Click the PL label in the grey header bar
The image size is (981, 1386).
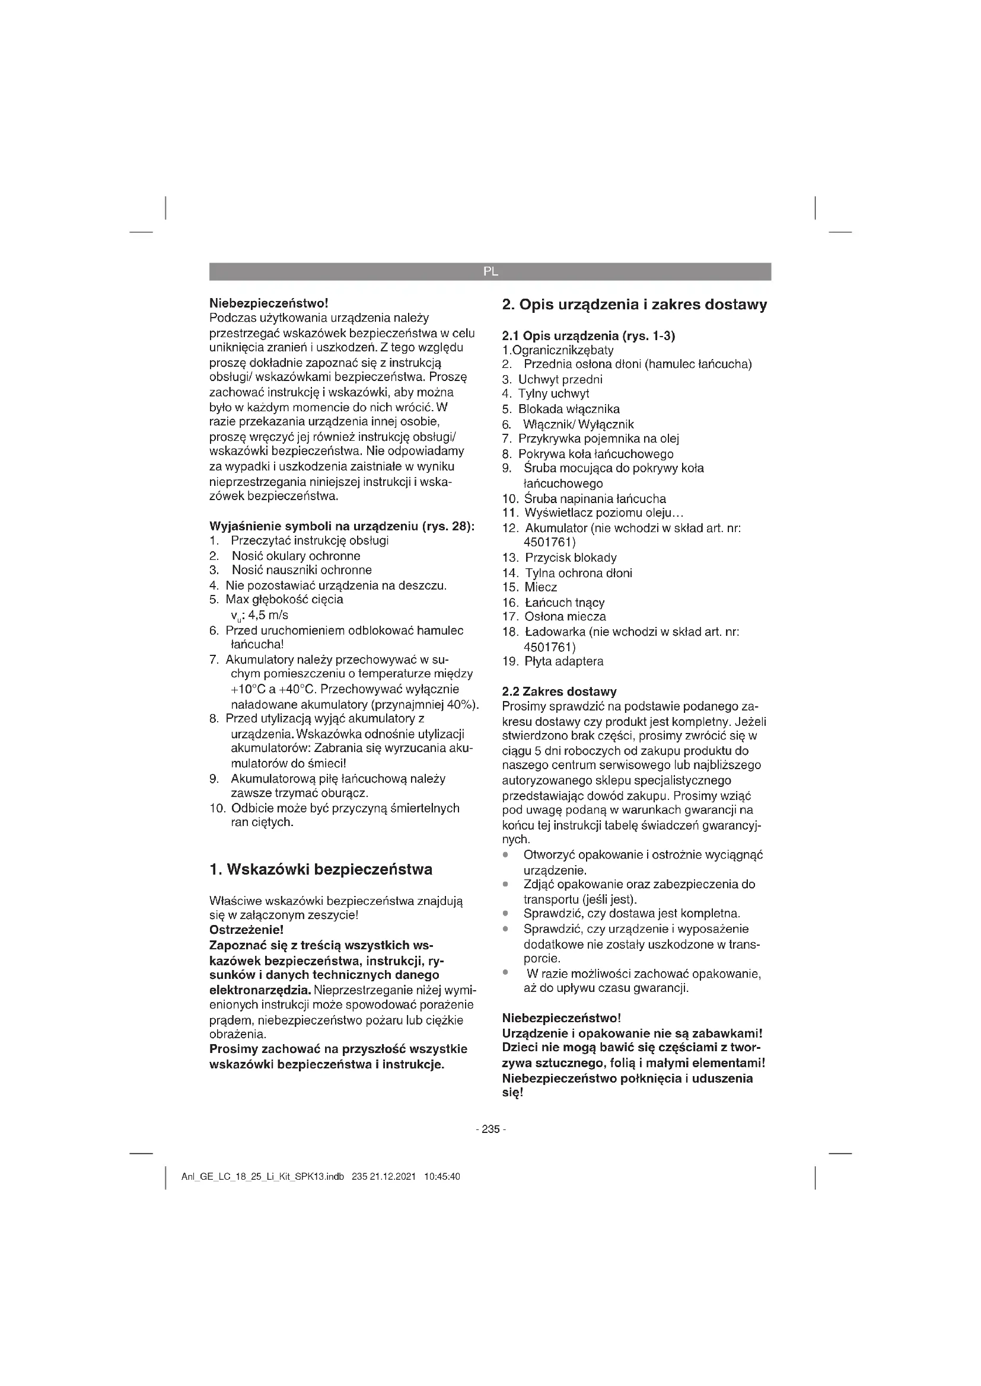[x=490, y=271]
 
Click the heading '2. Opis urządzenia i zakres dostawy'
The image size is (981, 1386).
[x=634, y=305]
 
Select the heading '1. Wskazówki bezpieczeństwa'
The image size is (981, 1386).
[x=321, y=870]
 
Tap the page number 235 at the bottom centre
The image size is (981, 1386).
[x=490, y=1129]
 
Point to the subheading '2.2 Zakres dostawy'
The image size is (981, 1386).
[x=559, y=692]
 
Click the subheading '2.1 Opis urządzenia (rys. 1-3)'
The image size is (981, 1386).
[x=588, y=336]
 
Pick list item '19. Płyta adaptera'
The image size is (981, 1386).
[x=553, y=662]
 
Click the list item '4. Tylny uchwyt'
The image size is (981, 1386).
[x=546, y=394]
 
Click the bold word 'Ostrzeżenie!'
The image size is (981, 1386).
[x=246, y=930]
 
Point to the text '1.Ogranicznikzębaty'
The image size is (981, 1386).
[x=558, y=351]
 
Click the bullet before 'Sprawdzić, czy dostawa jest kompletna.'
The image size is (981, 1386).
[x=505, y=913]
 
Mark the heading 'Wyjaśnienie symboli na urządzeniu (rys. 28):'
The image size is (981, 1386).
[x=342, y=526]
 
